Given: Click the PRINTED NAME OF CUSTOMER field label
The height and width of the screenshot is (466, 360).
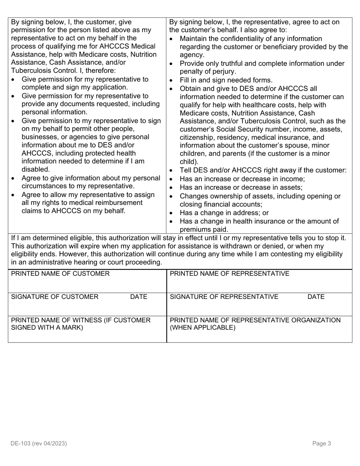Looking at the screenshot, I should [x=60, y=274].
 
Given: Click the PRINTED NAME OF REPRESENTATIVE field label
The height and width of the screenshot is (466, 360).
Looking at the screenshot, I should [x=229, y=274].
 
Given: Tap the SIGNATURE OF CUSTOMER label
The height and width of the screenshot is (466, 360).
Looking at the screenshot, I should [x=55, y=297].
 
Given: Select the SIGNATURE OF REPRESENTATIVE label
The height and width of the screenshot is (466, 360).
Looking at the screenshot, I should [x=224, y=297].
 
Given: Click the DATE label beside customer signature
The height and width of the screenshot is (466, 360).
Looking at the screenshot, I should [x=138, y=297].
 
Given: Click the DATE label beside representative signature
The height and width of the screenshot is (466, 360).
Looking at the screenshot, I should [x=316, y=297].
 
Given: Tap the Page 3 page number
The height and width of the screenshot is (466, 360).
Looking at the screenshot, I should [x=322, y=443].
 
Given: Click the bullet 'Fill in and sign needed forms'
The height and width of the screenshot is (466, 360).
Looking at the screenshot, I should [x=226, y=80].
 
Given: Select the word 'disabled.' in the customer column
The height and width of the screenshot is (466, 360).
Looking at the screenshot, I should [x=36, y=169].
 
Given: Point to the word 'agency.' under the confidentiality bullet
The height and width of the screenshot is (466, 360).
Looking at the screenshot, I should [x=192, y=55].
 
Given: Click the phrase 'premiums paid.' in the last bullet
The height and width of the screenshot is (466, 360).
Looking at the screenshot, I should [x=204, y=229].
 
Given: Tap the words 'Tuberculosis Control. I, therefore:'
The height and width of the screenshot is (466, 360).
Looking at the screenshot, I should [x=64, y=70].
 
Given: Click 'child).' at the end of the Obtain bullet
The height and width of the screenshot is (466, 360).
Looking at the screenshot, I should [x=189, y=162].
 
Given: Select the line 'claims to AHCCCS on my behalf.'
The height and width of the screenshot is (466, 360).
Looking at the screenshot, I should [x=73, y=211].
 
